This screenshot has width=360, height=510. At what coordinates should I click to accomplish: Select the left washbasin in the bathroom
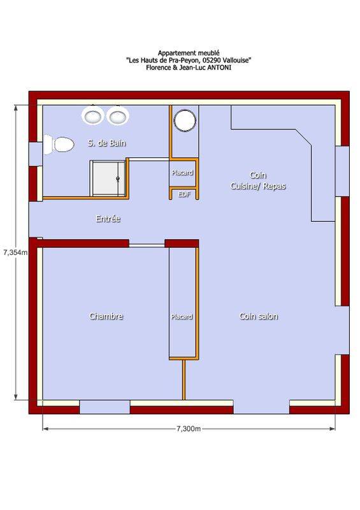pos(92,116)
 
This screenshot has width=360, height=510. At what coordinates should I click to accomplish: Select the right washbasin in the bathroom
pos(118,116)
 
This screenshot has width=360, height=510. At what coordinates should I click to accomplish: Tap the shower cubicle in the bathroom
pos(108,178)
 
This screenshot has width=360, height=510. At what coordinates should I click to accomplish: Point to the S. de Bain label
pos(106,143)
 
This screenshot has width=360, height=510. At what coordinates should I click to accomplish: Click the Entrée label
pos(108,219)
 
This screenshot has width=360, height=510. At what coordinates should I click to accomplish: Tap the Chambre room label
pos(106,316)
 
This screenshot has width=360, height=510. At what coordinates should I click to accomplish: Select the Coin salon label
pos(259,316)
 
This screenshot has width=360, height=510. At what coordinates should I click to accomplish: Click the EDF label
pos(184,194)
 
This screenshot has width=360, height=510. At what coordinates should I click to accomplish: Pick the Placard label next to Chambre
pos(182,316)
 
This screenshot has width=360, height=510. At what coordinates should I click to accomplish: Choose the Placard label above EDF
pos(182,172)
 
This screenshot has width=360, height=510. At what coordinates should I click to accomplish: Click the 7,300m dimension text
pos(189,428)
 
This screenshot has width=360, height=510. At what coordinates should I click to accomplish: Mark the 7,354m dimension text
pos(15,252)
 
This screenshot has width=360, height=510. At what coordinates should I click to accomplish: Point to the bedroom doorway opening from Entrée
pos(147,245)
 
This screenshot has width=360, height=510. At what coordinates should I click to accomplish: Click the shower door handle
pos(118,178)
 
